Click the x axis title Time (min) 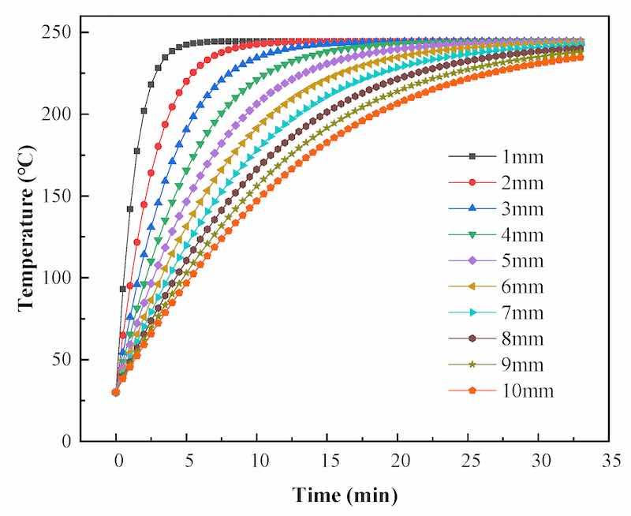pos(345,495)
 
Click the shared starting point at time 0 pos(116,392)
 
